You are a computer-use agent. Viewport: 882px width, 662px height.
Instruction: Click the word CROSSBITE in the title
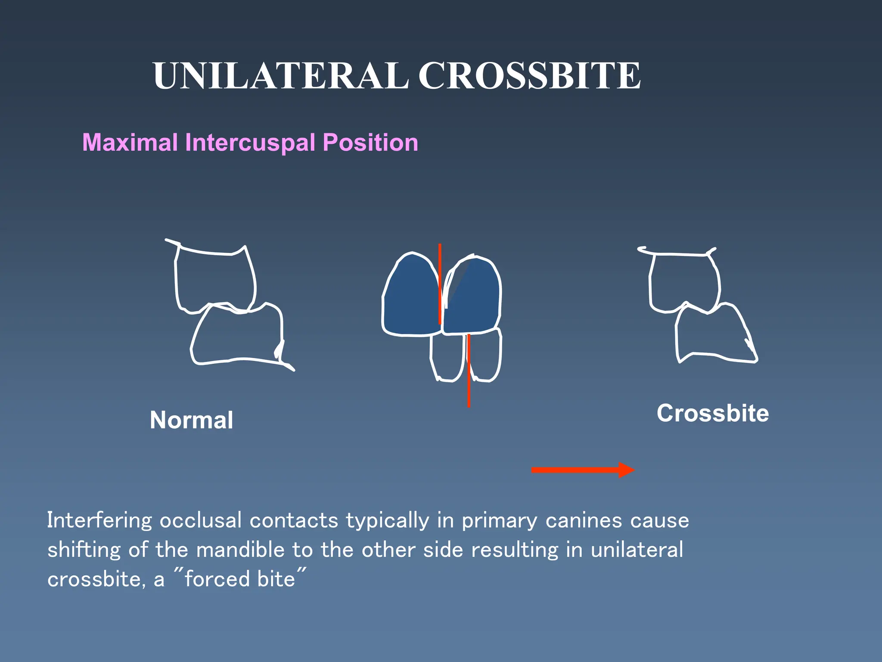(530, 76)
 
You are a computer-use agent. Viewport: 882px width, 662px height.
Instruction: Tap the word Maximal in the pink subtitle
(130, 142)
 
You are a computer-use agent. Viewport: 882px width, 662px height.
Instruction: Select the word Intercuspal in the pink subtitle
(250, 142)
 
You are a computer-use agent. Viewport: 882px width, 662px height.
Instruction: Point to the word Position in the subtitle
(370, 142)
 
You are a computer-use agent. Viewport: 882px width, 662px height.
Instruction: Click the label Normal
(191, 420)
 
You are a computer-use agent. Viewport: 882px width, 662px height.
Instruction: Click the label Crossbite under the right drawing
(713, 413)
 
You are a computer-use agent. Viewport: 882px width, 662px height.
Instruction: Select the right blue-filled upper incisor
(474, 297)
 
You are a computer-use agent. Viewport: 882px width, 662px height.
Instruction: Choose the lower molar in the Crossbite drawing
(711, 334)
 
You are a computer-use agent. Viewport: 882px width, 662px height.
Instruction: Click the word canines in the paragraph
(584, 521)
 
